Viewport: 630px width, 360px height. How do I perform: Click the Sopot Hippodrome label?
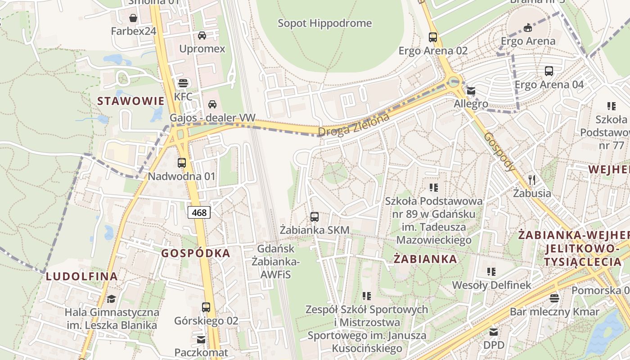click(324, 23)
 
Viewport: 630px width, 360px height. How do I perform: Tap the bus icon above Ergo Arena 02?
click(433, 37)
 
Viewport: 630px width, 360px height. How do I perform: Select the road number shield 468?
click(199, 212)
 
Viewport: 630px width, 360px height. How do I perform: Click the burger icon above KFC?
click(183, 83)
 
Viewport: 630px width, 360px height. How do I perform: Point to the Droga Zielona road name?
click(354, 125)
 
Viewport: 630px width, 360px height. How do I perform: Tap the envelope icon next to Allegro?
click(471, 91)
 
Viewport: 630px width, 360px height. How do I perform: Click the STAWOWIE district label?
click(131, 101)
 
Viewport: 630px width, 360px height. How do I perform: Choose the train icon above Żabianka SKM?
click(315, 217)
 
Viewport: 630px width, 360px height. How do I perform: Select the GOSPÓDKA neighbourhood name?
click(196, 253)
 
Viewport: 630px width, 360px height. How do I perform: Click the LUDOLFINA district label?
click(82, 277)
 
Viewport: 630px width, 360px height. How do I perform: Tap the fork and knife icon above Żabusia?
click(532, 180)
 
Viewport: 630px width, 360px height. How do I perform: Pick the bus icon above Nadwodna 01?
click(182, 163)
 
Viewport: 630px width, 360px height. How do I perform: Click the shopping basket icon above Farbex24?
click(133, 18)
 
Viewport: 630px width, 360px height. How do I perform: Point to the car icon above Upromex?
click(202, 35)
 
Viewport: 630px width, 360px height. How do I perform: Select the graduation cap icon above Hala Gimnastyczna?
click(111, 299)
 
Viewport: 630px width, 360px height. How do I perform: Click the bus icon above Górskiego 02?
click(206, 307)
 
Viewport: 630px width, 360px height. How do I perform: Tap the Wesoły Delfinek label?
click(491, 285)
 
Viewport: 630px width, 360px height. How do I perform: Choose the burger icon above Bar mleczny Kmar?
click(554, 298)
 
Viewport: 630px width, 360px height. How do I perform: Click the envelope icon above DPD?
click(494, 332)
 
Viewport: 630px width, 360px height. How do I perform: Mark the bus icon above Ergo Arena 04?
click(549, 71)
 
